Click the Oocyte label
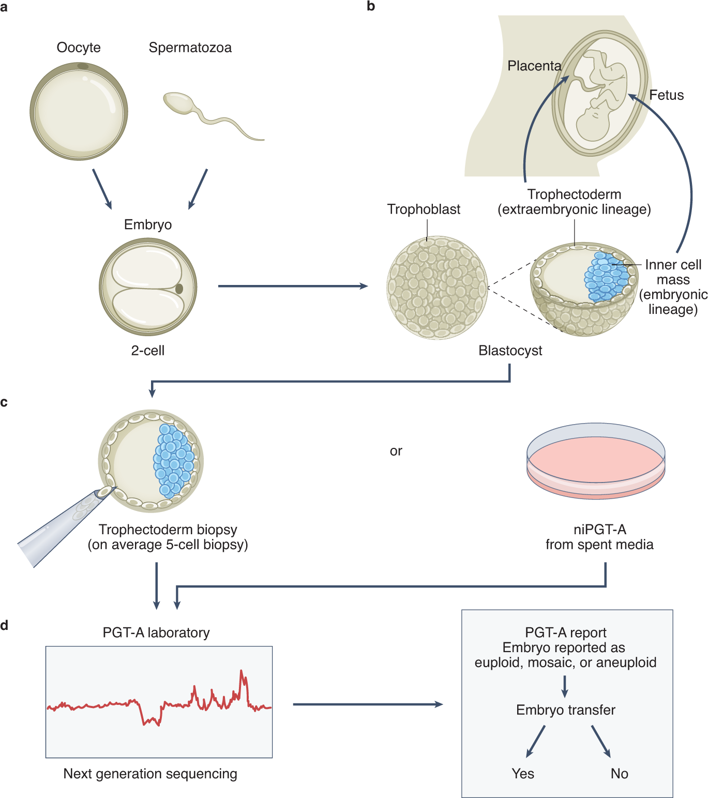[x=79, y=48]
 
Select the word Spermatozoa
[x=190, y=48]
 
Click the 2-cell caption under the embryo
[x=147, y=351]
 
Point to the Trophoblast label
[x=424, y=209]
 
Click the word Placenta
[x=534, y=66]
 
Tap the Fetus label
[x=666, y=95]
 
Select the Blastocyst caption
[x=510, y=351]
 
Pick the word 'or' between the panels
[x=396, y=451]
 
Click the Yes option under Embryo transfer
[x=522, y=774]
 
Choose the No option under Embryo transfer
[x=619, y=774]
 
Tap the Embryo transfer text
[x=565, y=710]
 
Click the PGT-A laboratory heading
[x=156, y=633]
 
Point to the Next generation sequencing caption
[x=150, y=774]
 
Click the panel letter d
[x=4, y=625]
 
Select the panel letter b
[x=370, y=6]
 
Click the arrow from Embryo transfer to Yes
[x=536, y=741]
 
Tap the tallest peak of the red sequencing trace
[x=242, y=672]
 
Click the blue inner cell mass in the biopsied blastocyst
[x=173, y=460]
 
